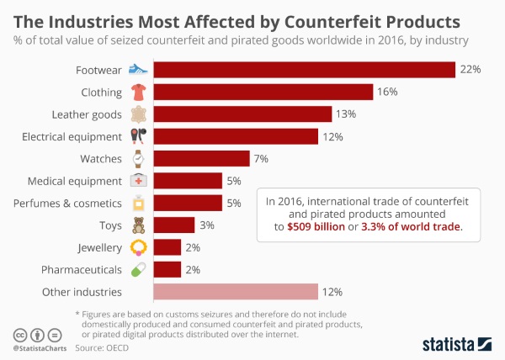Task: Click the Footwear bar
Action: pyautogui.click(x=304, y=70)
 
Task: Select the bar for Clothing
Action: pyautogui.click(x=263, y=92)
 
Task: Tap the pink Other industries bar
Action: pyautogui.click(x=235, y=292)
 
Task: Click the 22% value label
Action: pyautogui.click(x=470, y=70)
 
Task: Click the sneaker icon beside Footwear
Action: pyautogui.click(x=138, y=70)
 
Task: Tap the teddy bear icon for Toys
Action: pyautogui.click(x=138, y=225)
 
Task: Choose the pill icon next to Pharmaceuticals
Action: pyautogui.click(x=138, y=270)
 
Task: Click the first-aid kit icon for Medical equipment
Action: pyautogui.click(x=138, y=181)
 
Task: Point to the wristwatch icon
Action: pyautogui.click(x=138, y=158)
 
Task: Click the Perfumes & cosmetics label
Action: pyautogui.click(x=68, y=204)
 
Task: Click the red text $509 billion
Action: pyautogui.click(x=316, y=227)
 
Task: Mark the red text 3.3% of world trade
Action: pyautogui.click(x=412, y=227)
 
